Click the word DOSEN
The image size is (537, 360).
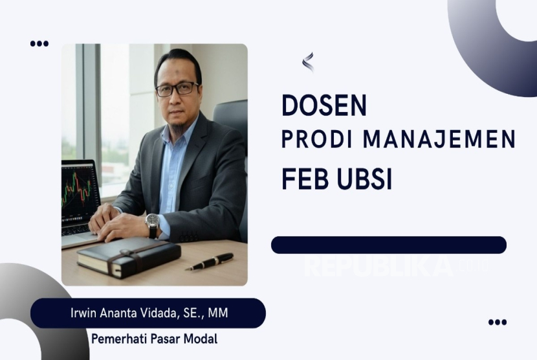323,106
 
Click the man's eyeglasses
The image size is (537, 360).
177,88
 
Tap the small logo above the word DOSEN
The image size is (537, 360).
307,62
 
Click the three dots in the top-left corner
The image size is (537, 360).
39,44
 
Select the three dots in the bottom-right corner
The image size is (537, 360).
497,322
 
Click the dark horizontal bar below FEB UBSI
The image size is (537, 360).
388,245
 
